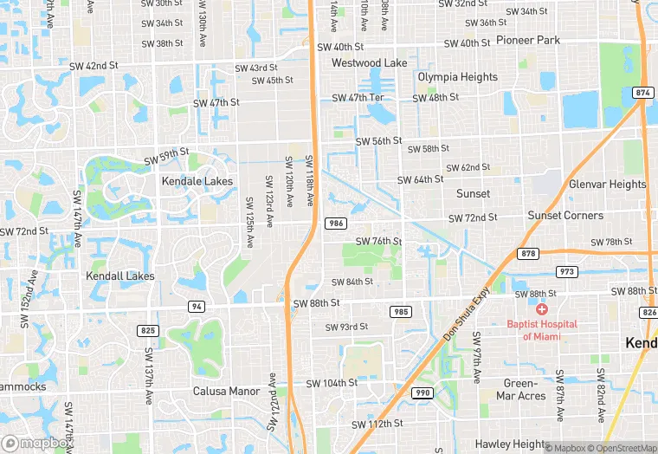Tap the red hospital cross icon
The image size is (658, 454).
pyautogui.click(x=543, y=309)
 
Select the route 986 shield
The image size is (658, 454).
pyautogui.click(x=336, y=224)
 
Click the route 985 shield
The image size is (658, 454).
pyautogui.click(x=400, y=311)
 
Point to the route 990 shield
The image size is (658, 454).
pyautogui.click(x=423, y=392)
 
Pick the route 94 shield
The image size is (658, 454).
pyautogui.click(x=197, y=307)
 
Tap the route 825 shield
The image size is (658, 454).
pyautogui.click(x=147, y=330)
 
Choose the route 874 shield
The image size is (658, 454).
pyautogui.click(x=642, y=93)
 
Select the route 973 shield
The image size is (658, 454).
pyautogui.click(x=567, y=272)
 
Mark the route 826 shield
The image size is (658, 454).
pyautogui.click(x=648, y=312)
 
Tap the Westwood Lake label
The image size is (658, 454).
pyautogui.click(x=369, y=63)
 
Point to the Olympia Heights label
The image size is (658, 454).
pyautogui.click(x=458, y=77)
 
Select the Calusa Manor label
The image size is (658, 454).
pyautogui.click(x=226, y=391)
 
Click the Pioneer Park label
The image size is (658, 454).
pyautogui.click(x=528, y=40)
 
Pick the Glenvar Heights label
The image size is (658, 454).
pyautogui.click(x=607, y=184)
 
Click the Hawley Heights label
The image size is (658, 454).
pyautogui.click(x=508, y=445)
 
